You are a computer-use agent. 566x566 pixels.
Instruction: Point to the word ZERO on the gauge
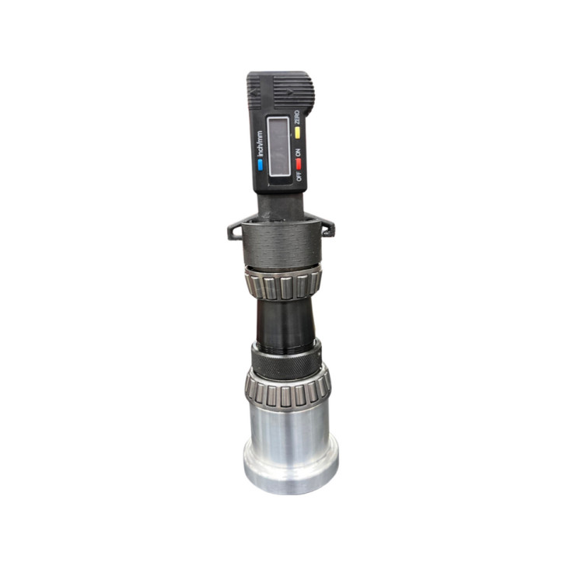click(x=297, y=120)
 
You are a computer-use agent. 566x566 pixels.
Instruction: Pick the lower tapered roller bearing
click(x=286, y=391)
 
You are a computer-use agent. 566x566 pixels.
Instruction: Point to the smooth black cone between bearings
click(x=284, y=323)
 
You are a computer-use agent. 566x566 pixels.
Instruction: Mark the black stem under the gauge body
click(x=280, y=204)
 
